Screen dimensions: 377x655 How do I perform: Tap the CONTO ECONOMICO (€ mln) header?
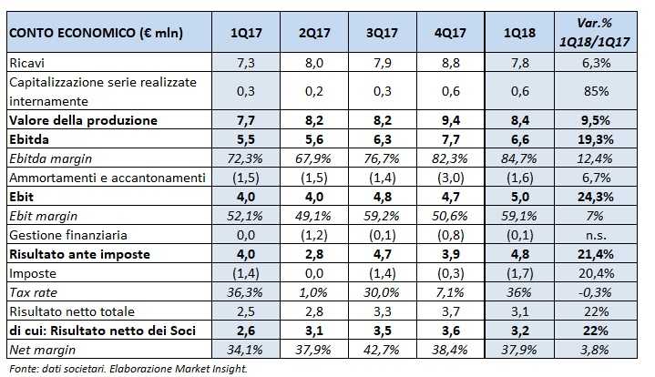click(x=96, y=34)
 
